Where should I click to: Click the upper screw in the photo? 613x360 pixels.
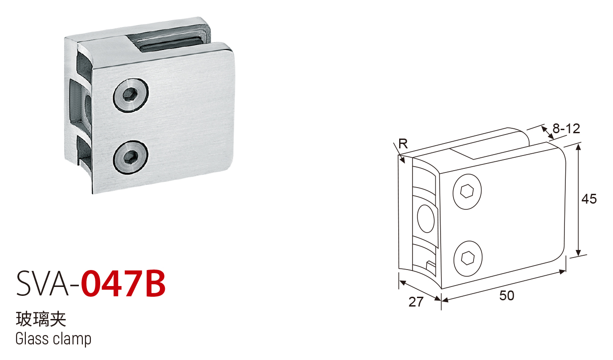click(131, 95)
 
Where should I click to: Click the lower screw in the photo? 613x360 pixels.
click(131, 157)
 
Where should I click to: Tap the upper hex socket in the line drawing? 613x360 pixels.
click(466, 191)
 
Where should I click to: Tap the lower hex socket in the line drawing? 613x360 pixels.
click(468, 258)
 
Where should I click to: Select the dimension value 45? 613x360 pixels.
click(589, 199)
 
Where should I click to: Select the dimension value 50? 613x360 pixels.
click(507, 296)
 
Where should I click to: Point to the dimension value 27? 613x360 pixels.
click(416, 302)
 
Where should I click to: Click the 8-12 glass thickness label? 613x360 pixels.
click(566, 129)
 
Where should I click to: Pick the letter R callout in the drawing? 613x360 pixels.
click(403, 144)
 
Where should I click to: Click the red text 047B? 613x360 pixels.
click(123, 284)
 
